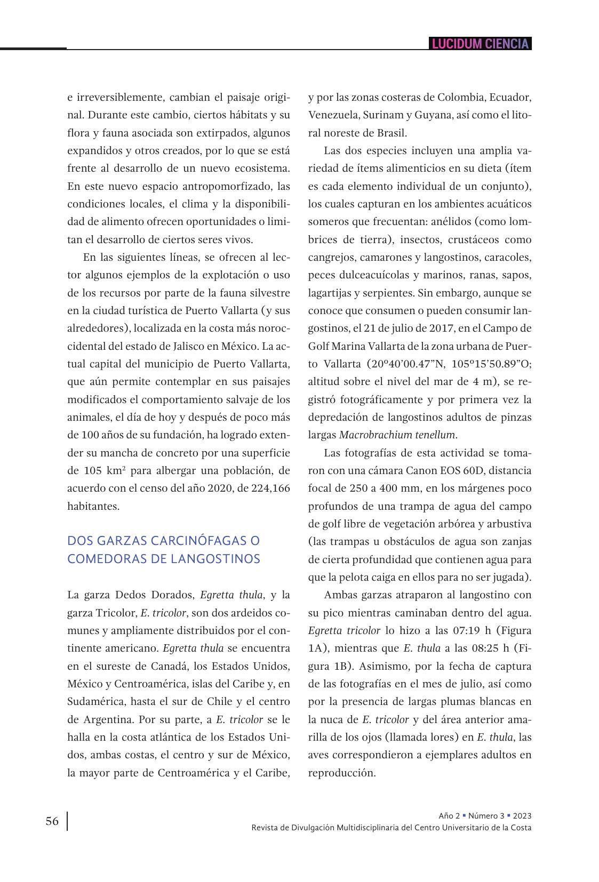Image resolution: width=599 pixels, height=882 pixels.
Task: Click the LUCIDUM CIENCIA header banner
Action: (x=480, y=44)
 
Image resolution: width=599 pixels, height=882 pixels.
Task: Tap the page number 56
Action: (x=52, y=821)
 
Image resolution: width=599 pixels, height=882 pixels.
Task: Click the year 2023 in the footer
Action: (x=522, y=816)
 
